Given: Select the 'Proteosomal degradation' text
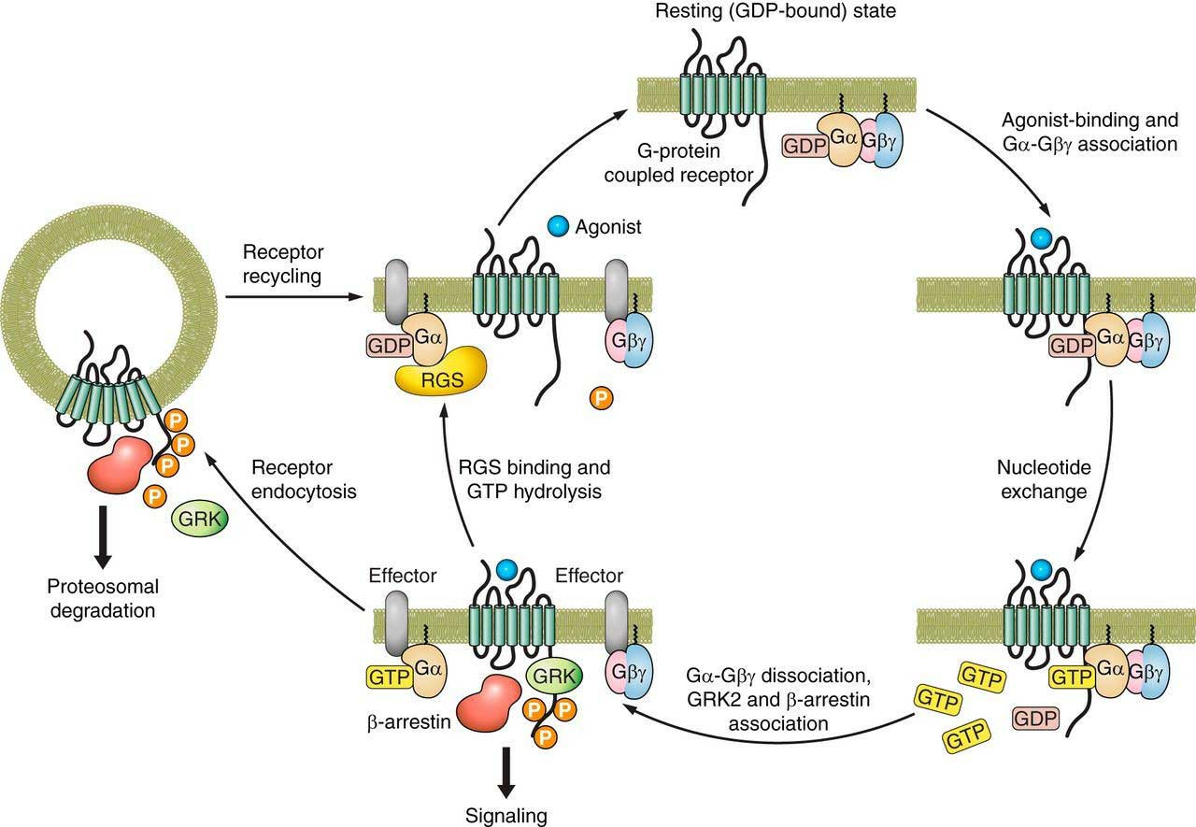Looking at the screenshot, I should [x=103, y=599].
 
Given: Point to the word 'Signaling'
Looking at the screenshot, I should [x=506, y=815].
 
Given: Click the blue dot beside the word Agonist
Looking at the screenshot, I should [x=559, y=226].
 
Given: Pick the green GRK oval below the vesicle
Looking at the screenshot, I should [x=198, y=514].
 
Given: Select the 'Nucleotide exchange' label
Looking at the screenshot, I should [x=1050, y=478].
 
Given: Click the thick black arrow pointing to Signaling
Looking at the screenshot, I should [x=507, y=768].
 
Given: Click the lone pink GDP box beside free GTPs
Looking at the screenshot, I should [x=1035, y=718].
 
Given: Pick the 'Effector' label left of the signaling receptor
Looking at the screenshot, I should [x=403, y=577].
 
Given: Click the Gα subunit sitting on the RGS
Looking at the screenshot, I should [x=421, y=331].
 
